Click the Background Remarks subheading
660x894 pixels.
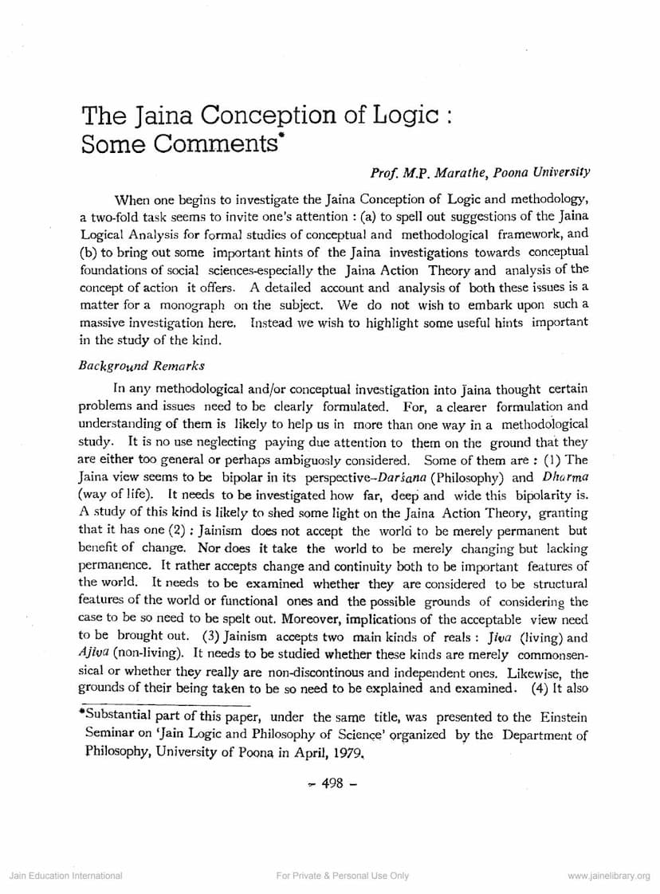click(x=141, y=366)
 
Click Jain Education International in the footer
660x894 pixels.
click(x=65, y=876)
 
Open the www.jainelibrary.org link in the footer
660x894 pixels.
click(x=608, y=876)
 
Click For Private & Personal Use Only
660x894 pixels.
click(x=343, y=876)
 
